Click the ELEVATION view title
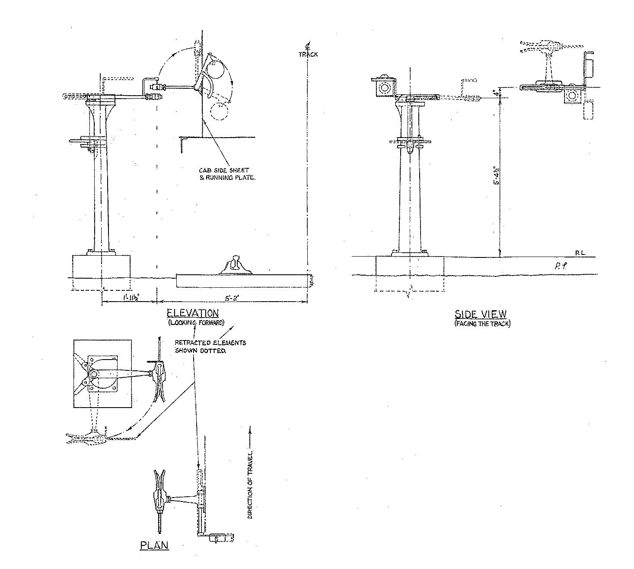coord(193,313)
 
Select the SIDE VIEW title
coord(480,314)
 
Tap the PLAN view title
coord(154,545)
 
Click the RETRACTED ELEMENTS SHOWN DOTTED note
coord(210,346)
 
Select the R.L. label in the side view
coord(580,253)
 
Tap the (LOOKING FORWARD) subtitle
coord(196,323)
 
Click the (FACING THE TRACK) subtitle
coord(482,324)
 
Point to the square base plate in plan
coord(102,374)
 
